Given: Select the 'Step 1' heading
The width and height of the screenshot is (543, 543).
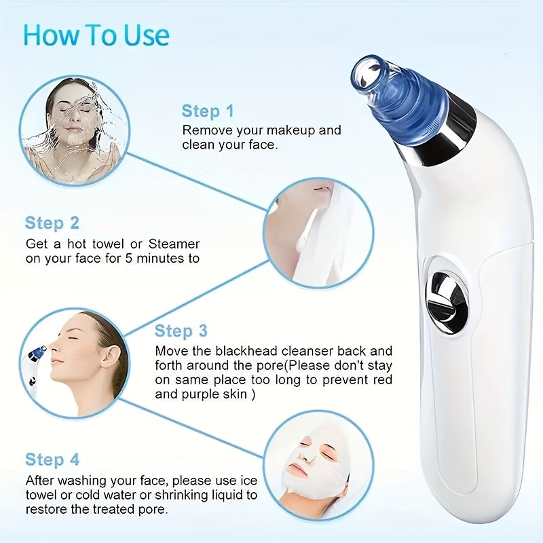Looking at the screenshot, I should click(x=208, y=111).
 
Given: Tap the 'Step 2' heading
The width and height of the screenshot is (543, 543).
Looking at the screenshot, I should click(x=52, y=223).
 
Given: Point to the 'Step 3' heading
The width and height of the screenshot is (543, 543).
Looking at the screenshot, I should click(x=181, y=331).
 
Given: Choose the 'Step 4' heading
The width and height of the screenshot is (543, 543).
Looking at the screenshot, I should click(x=52, y=460).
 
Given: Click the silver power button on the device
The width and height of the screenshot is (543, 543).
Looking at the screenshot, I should click(x=447, y=293).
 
